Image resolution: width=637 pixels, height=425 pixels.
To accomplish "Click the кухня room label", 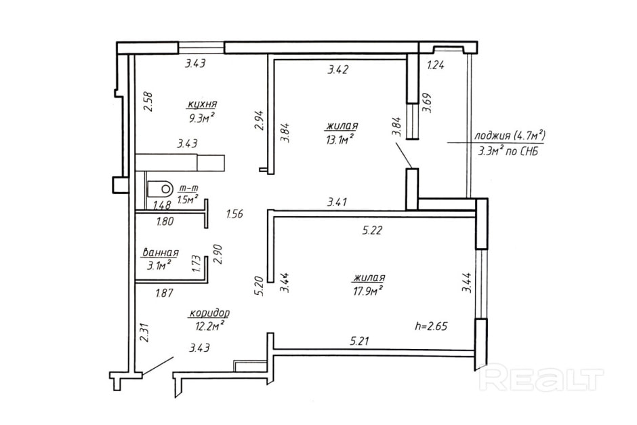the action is (203, 104).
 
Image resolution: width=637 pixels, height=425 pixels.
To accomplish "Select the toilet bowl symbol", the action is (159, 188).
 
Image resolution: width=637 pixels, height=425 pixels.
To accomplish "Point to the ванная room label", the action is (160, 253).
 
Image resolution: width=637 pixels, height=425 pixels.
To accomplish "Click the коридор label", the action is (209, 313).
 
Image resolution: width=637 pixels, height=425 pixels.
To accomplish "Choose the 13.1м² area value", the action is (338, 140).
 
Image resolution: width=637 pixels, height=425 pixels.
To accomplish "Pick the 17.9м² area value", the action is (367, 291).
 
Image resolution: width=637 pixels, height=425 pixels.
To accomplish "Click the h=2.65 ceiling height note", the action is (431, 326).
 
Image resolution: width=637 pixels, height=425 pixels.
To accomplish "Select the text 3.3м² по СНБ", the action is (509, 152).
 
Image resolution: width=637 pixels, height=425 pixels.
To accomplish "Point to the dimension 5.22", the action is (373, 230).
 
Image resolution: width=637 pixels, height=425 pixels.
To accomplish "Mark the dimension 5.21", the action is (360, 341).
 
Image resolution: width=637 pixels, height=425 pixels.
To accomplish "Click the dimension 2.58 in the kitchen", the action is (148, 101).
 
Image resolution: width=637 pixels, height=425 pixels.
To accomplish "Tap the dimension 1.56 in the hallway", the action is (235, 214).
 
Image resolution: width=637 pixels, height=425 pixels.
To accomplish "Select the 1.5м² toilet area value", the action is (188, 199).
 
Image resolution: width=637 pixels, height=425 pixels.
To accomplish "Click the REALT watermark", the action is (542, 379).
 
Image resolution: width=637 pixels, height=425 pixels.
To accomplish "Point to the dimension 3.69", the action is (427, 103).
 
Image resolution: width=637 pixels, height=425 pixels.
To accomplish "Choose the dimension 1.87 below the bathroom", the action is (165, 293).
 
